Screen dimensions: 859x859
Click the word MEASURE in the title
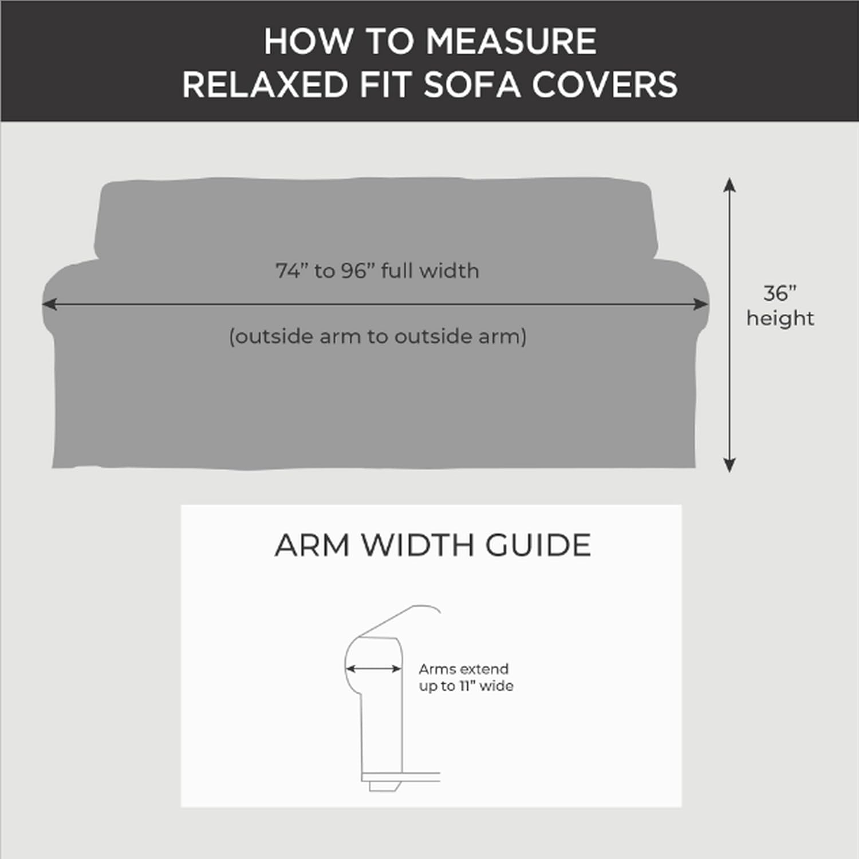(x=511, y=42)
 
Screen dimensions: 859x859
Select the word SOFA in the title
(x=471, y=85)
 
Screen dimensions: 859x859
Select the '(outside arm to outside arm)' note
(x=377, y=336)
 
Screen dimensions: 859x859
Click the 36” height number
(x=779, y=293)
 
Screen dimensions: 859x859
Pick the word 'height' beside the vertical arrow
(x=780, y=318)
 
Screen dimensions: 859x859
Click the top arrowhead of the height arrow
(x=729, y=184)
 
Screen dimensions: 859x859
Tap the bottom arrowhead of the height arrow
(x=729, y=466)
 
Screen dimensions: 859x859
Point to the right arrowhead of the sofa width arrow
(x=702, y=304)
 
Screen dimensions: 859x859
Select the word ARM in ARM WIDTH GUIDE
(x=312, y=545)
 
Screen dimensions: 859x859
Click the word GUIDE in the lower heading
(x=538, y=545)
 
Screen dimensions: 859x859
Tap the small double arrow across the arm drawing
(x=373, y=668)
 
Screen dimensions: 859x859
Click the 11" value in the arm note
(x=467, y=686)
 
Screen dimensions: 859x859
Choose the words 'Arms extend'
(x=463, y=669)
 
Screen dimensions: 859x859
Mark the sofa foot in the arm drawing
(x=384, y=786)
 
